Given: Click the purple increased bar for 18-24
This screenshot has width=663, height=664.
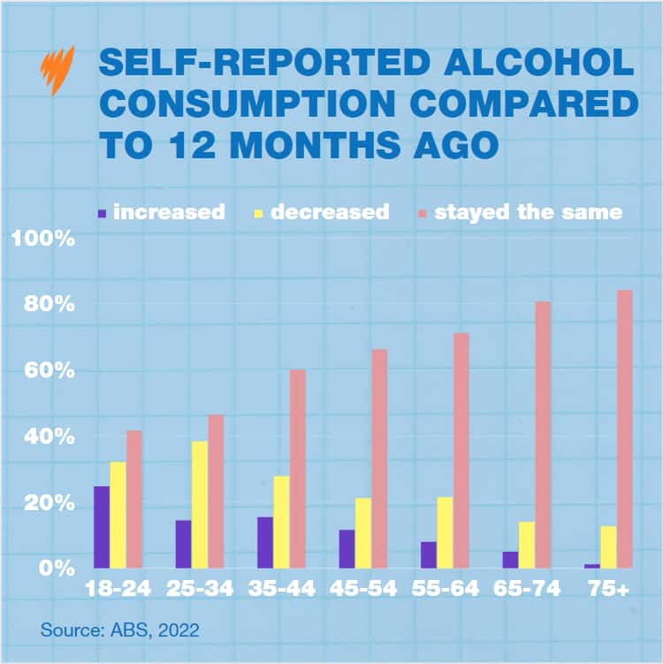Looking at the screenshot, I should tap(102, 527).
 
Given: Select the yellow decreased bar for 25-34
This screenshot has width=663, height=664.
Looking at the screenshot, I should tap(200, 504).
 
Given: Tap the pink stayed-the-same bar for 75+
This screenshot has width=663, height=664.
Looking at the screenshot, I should tap(625, 429).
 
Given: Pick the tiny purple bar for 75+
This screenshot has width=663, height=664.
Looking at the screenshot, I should tap(592, 565).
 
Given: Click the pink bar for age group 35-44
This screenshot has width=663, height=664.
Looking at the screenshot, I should tap(298, 468).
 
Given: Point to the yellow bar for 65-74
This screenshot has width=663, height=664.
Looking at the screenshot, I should tap(527, 545).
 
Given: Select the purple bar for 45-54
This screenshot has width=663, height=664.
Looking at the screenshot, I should tap(347, 548).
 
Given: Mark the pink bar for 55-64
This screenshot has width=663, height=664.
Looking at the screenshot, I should tap(461, 450).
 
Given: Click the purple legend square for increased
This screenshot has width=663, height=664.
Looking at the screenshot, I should tap(102, 213).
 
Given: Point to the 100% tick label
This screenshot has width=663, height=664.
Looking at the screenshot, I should tap(42, 239).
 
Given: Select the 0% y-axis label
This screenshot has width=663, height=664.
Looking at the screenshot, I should tap(54, 568).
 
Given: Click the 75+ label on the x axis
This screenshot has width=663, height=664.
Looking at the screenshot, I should tap(609, 589).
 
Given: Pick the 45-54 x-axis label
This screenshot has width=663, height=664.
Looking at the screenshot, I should tap(363, 589).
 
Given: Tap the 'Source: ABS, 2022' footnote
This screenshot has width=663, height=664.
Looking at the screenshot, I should tap(119, 630).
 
